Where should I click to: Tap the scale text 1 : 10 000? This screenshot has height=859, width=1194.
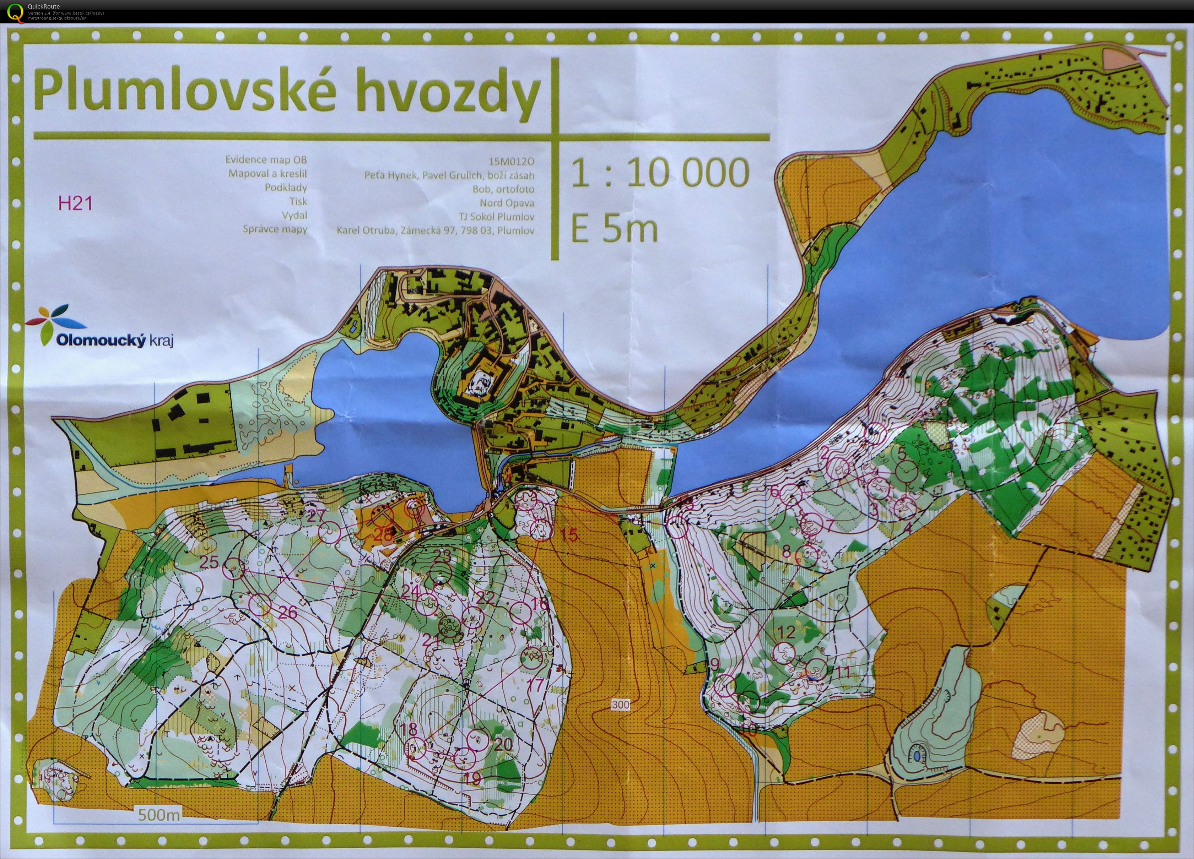pyautogui.click(x=660, y=173)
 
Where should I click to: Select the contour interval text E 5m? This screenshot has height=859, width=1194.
pyautogui.click(x=614, y=229)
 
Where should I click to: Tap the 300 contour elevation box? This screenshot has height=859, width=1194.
pyautogui.click(x=621, y=704)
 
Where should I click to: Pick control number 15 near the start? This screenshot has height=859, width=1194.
pyautogui.click(x=569, y=535)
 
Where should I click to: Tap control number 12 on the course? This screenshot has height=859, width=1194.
pyautogui.click(x=786, y=632)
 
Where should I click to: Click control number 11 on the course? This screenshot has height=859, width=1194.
pyautogui.click(x=843, y=672)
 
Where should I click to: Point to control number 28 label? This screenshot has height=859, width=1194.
pyautogui.click(x=383, y=534)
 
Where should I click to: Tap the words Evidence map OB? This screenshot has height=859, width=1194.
pyautogui.click(x=266, y=159)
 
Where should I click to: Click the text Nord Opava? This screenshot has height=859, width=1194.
pyautogui.click(x=507, y=203)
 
